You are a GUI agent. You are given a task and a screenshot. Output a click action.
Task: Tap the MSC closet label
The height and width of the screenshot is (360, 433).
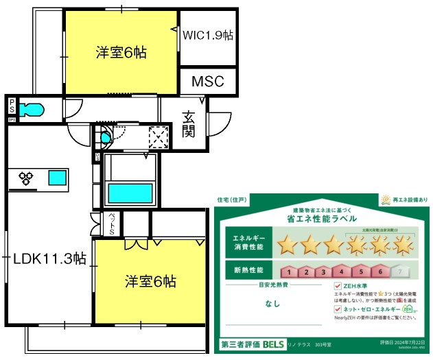click(207, 82)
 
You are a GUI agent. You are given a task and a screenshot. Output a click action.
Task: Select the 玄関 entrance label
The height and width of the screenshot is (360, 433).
click(189, 123)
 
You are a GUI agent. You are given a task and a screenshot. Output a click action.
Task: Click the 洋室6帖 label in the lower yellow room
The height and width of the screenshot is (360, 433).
click(150, 281)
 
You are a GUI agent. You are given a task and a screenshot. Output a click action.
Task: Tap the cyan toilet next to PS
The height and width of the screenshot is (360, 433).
click(32, 110)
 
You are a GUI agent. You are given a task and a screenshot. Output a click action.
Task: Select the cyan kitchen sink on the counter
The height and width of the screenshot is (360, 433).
click(57, 178)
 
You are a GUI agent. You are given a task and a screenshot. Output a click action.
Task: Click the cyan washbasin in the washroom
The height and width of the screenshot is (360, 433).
click(105, 138)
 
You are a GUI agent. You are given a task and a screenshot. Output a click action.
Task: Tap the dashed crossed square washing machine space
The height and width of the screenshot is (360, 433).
click(159, 136)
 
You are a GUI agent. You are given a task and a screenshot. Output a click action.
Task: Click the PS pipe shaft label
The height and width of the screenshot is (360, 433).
click(12, 106)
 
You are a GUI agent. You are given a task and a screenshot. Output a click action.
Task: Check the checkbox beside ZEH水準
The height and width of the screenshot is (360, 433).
click(338, 287)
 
